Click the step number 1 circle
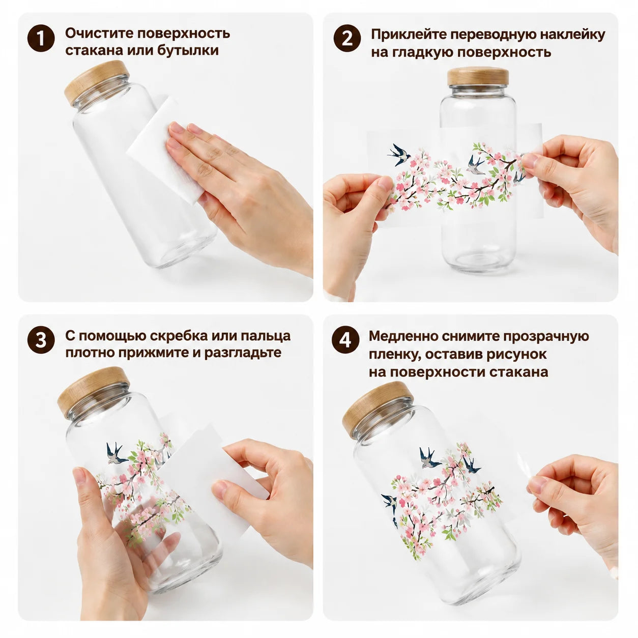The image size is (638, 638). [41, 38]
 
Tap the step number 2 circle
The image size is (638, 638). [347, 38]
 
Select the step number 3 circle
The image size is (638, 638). [41, 340]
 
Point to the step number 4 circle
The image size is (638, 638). [345, 340]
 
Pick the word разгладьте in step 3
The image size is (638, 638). [242, 353]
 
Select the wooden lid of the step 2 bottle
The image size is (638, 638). [478, 76]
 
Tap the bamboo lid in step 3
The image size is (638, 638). [93, 392]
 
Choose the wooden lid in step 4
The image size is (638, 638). [378, 409]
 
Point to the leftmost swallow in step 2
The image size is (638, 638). [399, 154]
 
